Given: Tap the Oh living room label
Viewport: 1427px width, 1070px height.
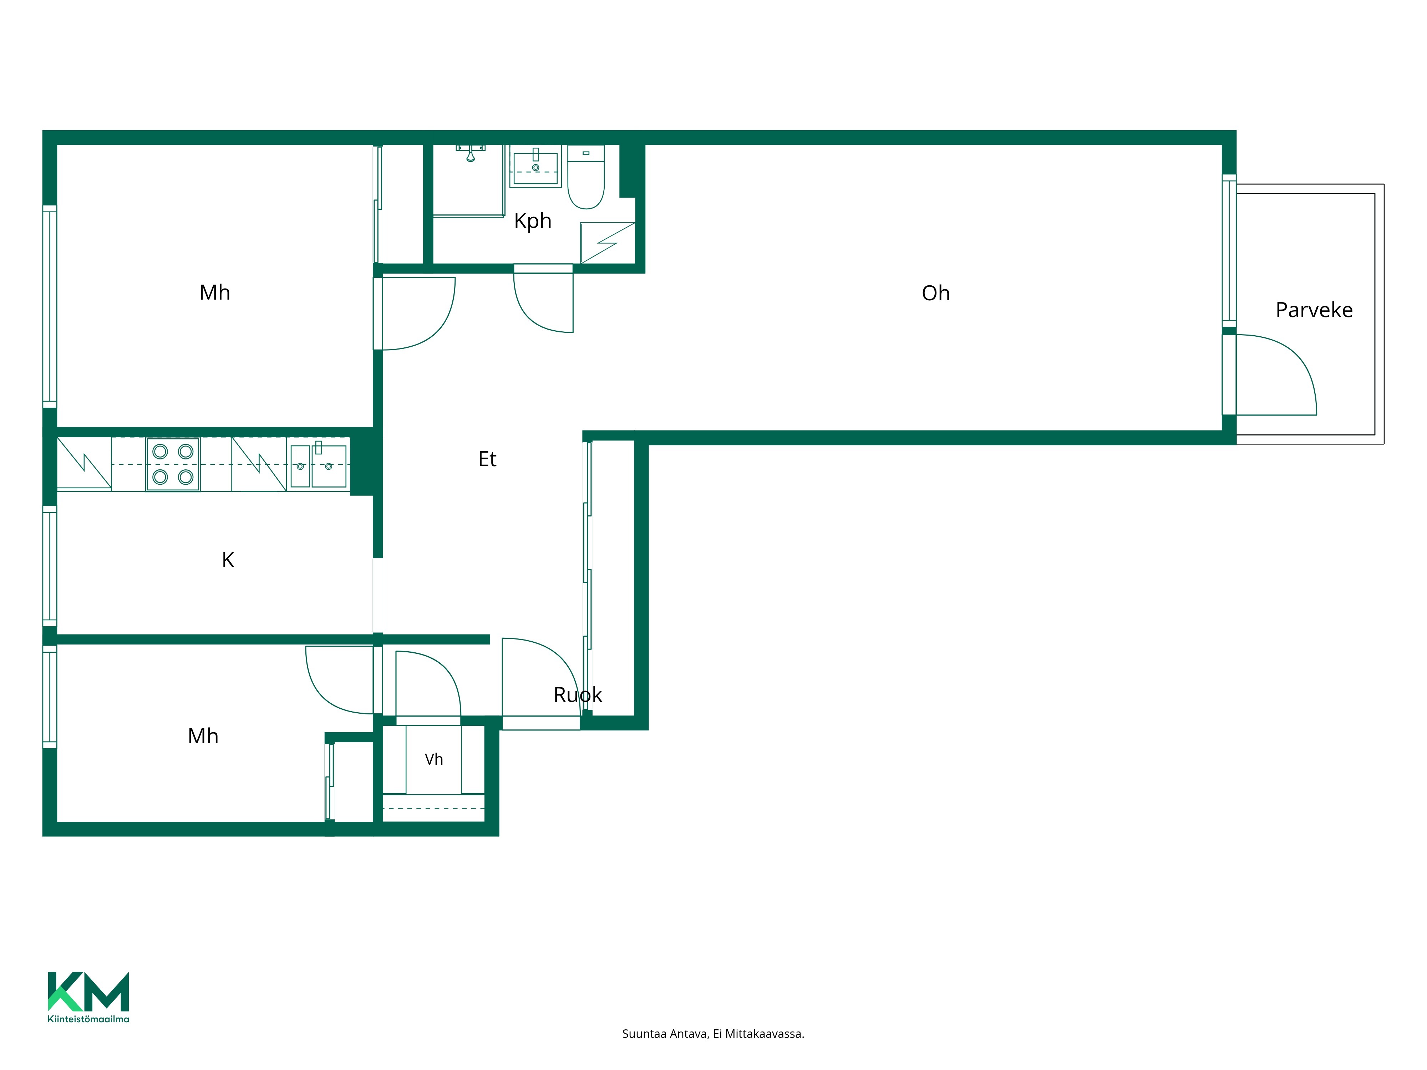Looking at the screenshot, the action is click(935, 294).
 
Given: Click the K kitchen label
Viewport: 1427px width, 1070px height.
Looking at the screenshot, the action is click(228, 560).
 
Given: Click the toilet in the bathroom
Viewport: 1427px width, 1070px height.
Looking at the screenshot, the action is click(586, 177).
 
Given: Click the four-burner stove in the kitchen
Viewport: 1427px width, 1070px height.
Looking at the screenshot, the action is click(173, 464).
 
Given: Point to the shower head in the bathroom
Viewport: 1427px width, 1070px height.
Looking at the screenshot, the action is click(471, 153).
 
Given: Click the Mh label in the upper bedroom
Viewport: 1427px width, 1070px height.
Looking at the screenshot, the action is click(215, 293).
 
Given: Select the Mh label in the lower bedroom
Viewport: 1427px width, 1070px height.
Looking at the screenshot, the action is click(203, 737).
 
